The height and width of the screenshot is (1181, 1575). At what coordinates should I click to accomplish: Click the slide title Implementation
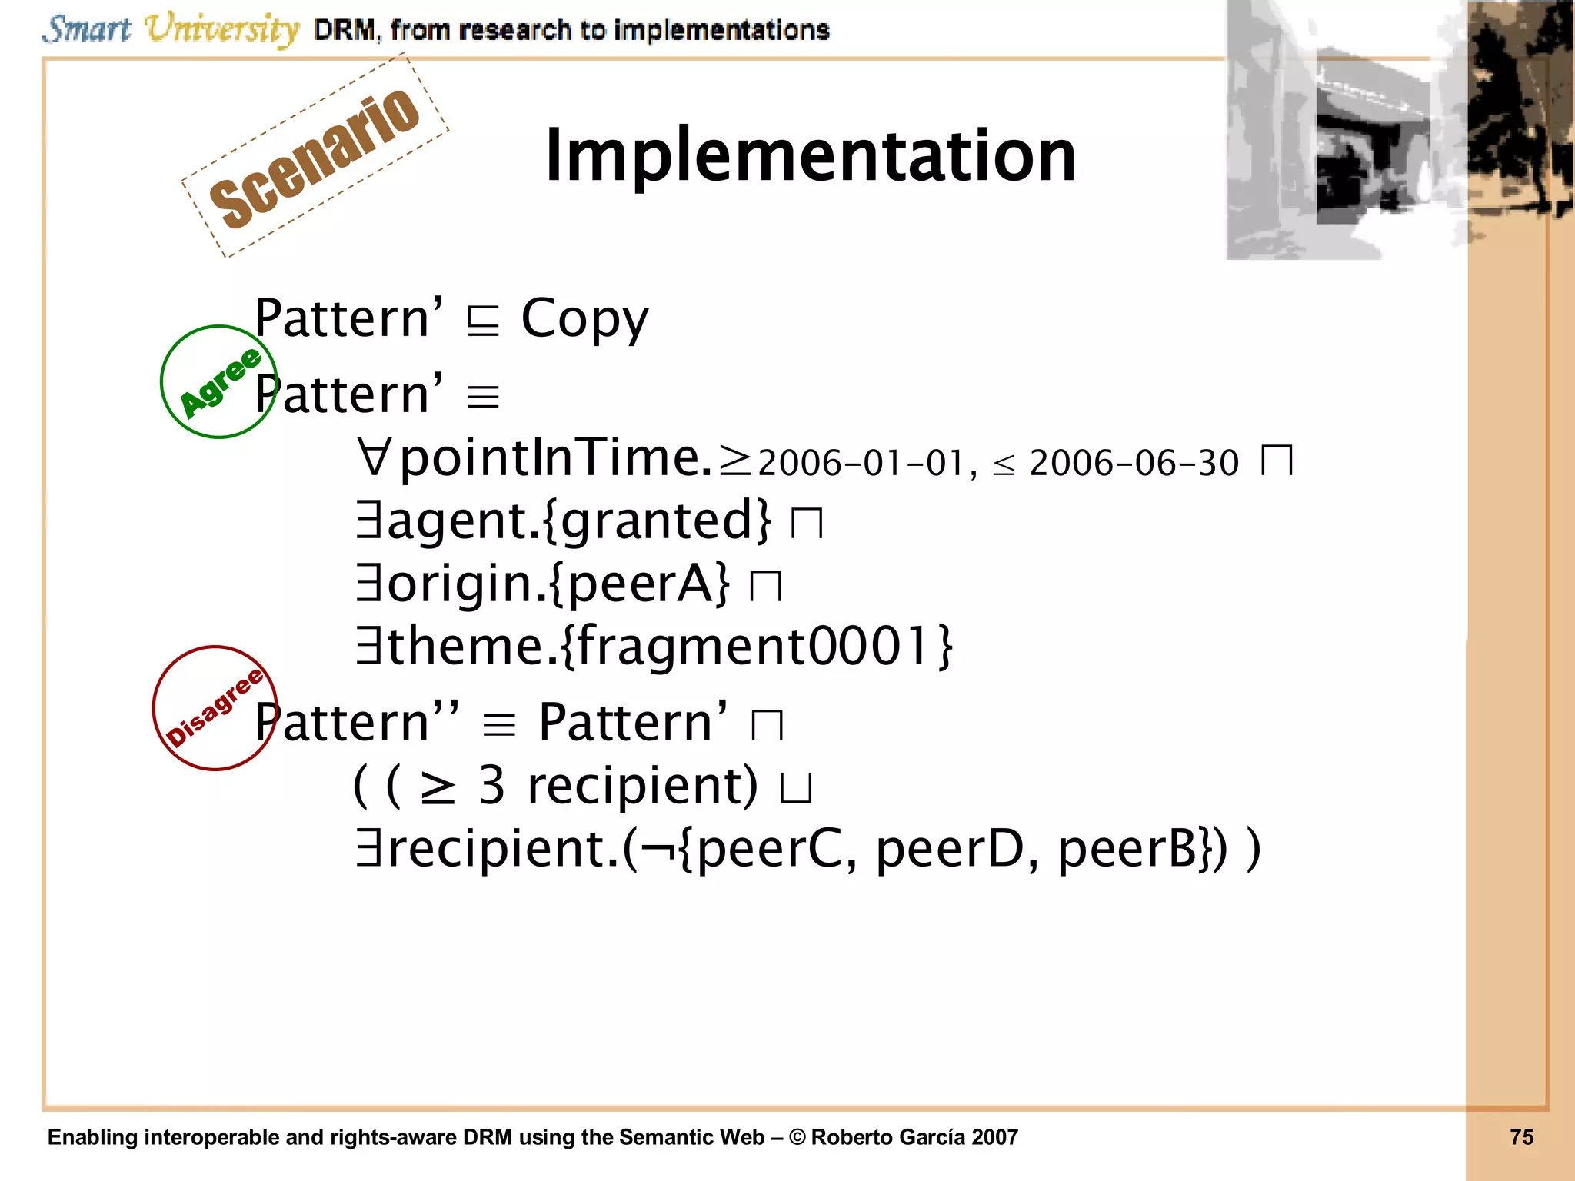[x=810, y=156]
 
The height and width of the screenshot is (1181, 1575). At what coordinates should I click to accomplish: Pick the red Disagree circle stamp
[x=214, y=708]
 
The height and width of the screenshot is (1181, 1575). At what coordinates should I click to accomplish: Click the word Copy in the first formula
[x=584, y=320]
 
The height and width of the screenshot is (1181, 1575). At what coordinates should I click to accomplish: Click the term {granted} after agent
[x=656, y=521]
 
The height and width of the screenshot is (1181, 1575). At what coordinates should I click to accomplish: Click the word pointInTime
[x=554, y=458]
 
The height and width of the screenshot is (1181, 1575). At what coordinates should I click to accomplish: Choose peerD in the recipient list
[x=957, y=850]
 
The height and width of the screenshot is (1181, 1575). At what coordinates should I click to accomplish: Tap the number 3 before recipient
[x=491, y=786]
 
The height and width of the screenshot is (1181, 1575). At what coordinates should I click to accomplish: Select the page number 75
[x=1521, y=1137]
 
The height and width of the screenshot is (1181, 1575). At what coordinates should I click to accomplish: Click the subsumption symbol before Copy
[x=483, y=321]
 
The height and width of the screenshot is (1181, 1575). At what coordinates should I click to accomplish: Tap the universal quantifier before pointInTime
[x=375, y=458]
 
